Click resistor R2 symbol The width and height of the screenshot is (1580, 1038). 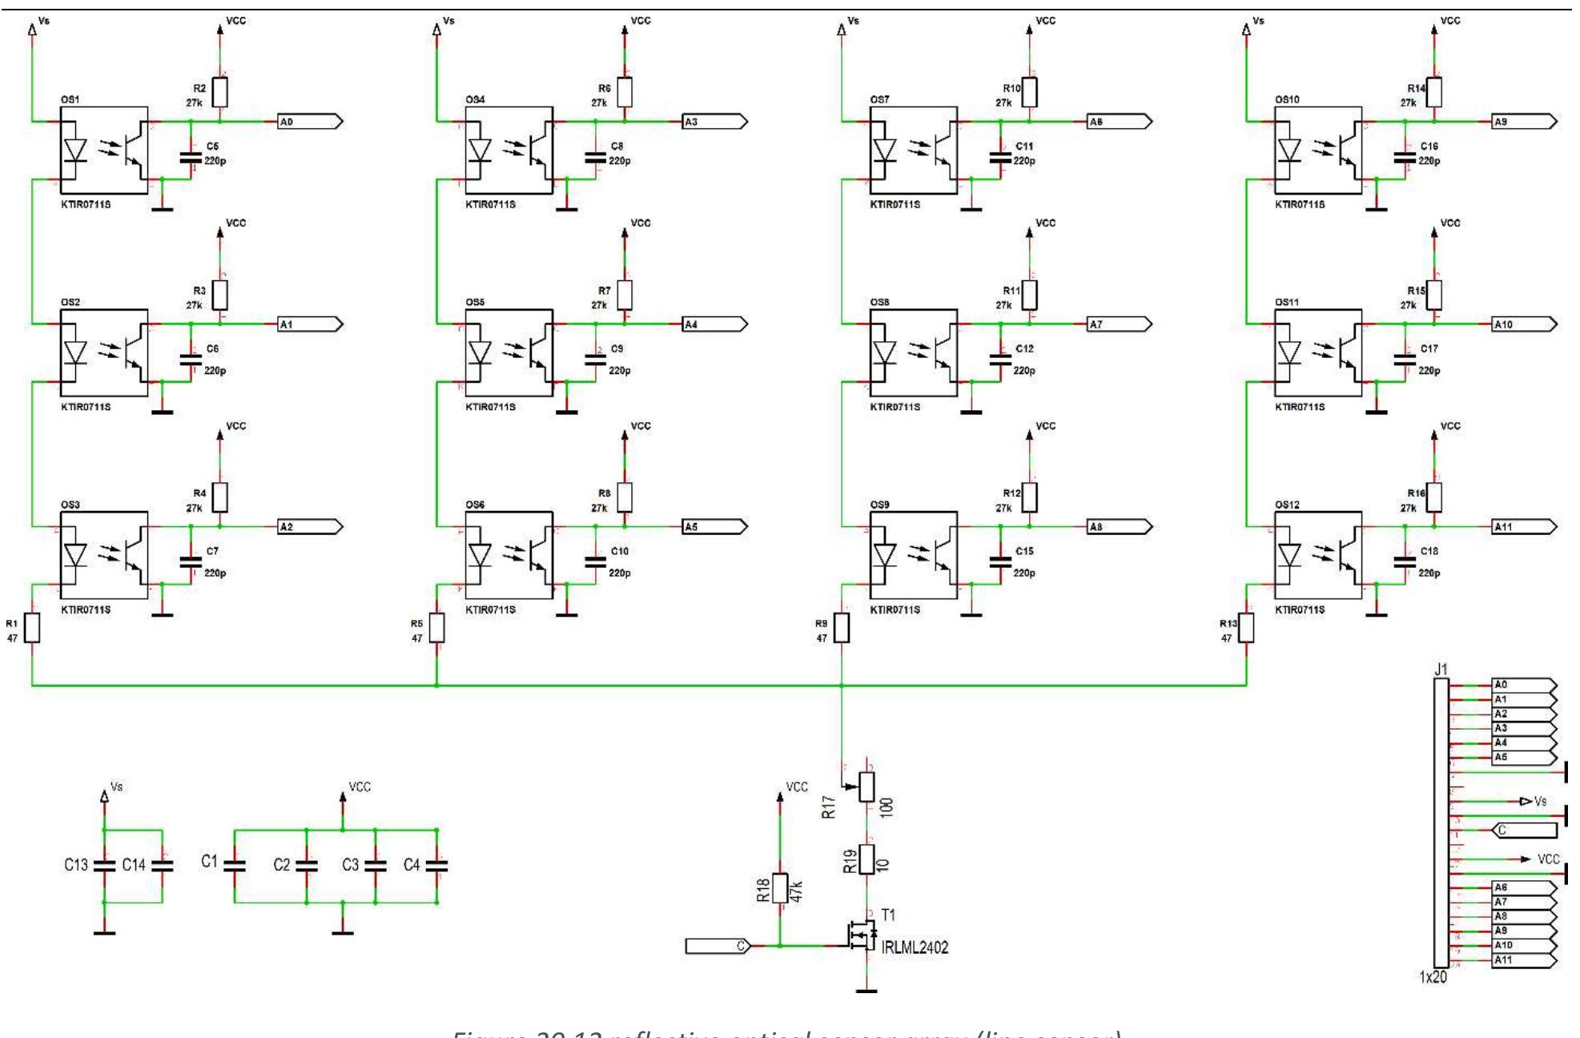pyautogui.click(x=220, y=92)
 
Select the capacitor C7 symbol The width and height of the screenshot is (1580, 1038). pyautogui.click(x=191, y=561)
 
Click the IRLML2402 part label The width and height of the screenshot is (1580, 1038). pyautogui.click(x=915, y=948)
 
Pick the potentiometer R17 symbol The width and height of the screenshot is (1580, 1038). pyautogui.click(x=866, y=787)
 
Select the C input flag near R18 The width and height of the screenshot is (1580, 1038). pyautogui.click(x=718, y=946)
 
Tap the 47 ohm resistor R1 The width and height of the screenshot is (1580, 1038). pyautogui.click(x=32, y=628)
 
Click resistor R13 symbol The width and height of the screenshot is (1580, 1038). pyautogui.click(x=1246, y=628)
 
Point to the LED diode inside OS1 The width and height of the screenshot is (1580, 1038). pyautogui.click(x=74, y=149)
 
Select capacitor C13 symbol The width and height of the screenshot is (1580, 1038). pyautogui.click(x=104, y=865)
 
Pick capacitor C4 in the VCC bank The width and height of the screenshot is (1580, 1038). pyautogui.click(x=437, y=865)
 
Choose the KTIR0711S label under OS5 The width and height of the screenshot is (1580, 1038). pyautogui.click(x=490, y=407)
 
